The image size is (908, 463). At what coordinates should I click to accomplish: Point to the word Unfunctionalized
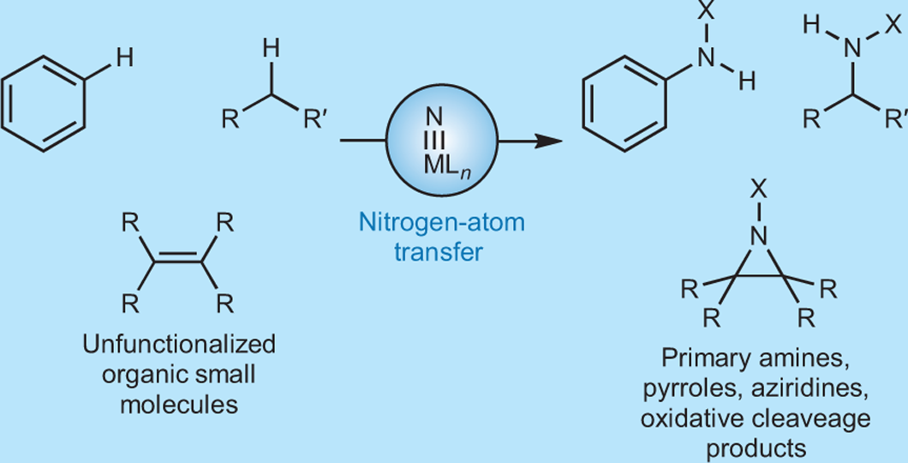(179, 345)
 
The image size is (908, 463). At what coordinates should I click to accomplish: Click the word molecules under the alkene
(179, 402)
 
